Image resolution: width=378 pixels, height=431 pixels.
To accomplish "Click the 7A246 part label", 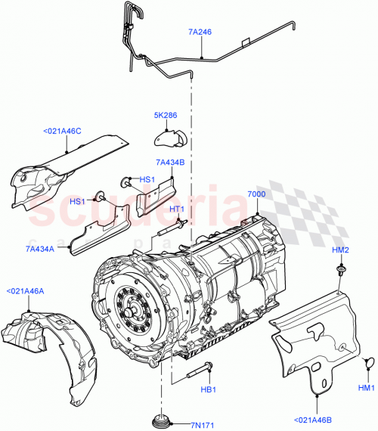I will [x=200, y=33].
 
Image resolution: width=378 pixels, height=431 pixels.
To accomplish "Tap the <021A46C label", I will [x=64, y=132].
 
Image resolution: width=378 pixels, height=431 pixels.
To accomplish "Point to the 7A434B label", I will [x=170, y=162].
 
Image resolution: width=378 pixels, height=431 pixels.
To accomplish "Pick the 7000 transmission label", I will [x=257, y=194].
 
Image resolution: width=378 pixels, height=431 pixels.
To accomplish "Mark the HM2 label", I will [x=340, y=250].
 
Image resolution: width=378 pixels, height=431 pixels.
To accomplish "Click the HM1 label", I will [x=367, y=388].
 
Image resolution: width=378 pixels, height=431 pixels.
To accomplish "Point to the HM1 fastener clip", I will [x=367, y=364].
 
